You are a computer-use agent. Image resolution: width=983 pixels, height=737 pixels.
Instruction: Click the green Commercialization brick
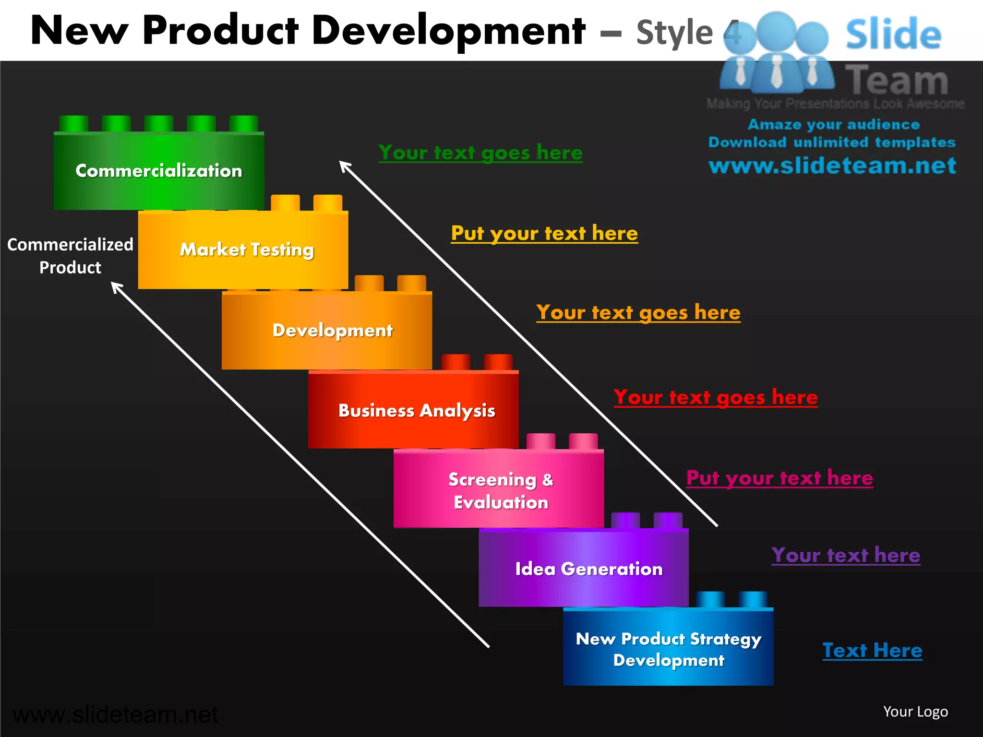tap(158, 171)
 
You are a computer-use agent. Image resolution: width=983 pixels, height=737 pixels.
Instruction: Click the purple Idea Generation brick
tap(588, 569)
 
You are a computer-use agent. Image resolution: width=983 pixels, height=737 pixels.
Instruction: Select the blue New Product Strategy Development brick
tap(668, 649)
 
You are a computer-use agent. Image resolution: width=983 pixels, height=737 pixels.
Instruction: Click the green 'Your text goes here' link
tap(480, 153)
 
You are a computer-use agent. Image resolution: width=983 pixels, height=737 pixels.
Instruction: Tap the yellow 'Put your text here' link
tap(544, 233)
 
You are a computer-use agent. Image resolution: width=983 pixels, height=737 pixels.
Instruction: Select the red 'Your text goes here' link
tap(715, 397)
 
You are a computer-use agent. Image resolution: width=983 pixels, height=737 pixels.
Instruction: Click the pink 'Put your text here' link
tap(779, 478)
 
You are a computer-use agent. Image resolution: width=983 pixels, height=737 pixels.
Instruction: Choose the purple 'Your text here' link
tap(846, 555)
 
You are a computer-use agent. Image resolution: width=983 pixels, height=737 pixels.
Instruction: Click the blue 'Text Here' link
tap(872, 651)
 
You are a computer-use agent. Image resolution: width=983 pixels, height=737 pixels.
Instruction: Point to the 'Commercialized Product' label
tap(70, 256)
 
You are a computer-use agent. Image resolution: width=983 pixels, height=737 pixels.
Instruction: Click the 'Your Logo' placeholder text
tap(915, 712)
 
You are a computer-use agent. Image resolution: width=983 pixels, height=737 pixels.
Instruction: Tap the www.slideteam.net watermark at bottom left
tap(115, 715)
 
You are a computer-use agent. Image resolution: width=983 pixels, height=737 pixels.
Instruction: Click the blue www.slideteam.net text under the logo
tap(832, 166)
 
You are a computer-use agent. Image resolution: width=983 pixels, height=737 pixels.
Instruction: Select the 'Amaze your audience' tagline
tap(833, 125)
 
